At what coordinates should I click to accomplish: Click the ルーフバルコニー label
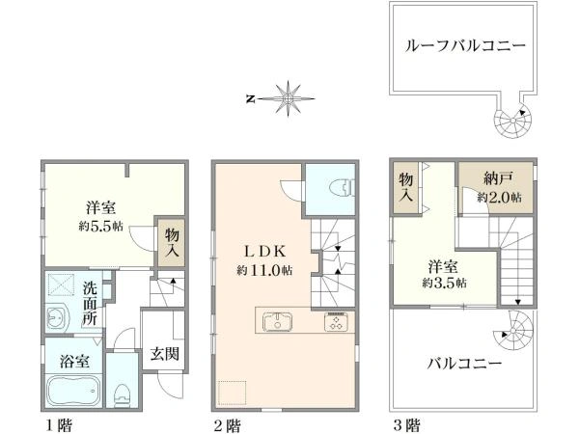coord(465,46)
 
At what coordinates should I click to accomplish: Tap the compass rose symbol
coord(288,98)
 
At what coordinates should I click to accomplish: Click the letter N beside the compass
coord(250,98)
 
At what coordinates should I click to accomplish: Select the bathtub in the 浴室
coord(74,391)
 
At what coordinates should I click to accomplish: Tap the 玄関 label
coord(165,354)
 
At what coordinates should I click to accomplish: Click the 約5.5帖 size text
coord(100,226)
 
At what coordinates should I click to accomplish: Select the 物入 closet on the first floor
coord(172,243)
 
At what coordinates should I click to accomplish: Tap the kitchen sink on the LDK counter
coord(278,322)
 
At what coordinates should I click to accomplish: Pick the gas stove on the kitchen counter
coord(336,322)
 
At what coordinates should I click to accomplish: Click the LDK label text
coord(264,252)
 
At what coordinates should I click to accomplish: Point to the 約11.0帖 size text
coord(264,270)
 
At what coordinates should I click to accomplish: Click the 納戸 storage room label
coord(498,178)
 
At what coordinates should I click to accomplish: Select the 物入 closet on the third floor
coord(406,187)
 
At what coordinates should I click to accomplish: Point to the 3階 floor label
coord(407,425)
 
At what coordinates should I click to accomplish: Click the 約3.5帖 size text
coord(444,283)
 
